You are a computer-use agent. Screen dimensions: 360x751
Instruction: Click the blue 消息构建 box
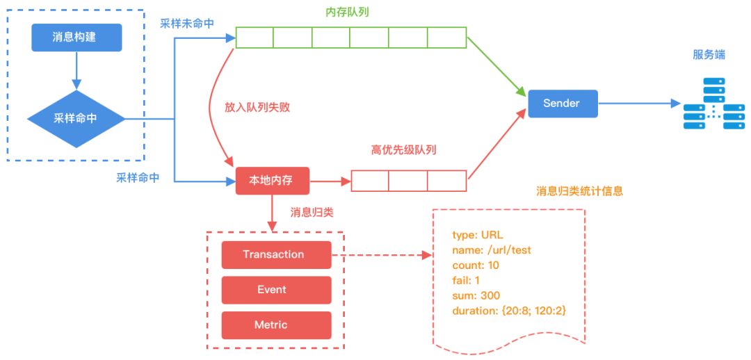(x=76, y=38)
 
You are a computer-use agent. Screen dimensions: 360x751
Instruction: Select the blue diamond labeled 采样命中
(x=76, y=118)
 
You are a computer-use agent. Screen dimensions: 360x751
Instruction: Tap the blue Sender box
(x=563, y=104)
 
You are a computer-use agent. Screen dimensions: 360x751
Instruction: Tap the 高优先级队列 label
(x=404, y=150)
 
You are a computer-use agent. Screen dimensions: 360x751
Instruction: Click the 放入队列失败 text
(x=257, y=108)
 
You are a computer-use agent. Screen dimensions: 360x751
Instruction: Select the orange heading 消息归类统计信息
(x=579, y=191)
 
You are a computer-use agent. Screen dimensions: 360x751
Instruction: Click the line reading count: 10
(x=475, y=265)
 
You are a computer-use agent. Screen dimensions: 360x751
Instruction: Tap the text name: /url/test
(x=492, y=250)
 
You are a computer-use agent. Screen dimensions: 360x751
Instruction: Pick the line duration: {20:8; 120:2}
(x=509, y=311)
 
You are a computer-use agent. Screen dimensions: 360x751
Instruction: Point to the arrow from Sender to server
(x=638, y=104)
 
